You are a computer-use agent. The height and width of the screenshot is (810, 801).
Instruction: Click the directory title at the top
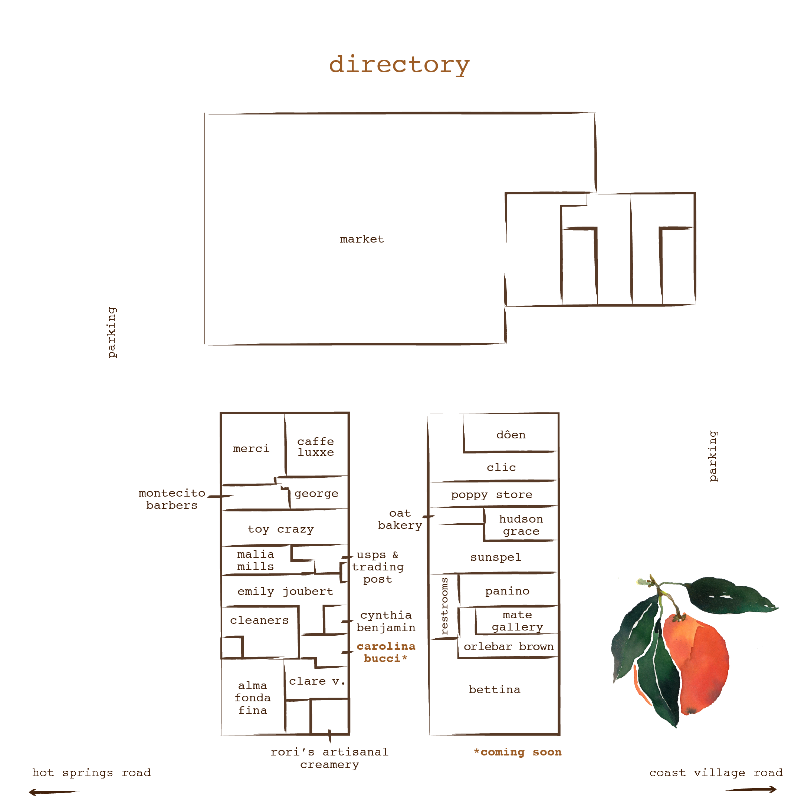coord(399,65)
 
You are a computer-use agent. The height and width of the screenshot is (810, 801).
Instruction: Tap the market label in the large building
coord(361,239)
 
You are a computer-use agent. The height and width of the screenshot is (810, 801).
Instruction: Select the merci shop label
coord(251,449)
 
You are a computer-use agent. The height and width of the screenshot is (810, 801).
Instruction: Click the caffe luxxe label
coord(315,447)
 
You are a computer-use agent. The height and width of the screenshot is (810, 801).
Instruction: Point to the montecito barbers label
coord(171,499)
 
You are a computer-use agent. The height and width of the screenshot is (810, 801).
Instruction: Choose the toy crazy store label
coord(280,529)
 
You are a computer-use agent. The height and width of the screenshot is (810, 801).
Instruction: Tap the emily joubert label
coord(285,591)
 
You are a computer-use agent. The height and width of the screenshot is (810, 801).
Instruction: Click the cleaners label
coord(259,620)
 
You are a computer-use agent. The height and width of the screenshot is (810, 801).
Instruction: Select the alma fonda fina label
coord(252,698)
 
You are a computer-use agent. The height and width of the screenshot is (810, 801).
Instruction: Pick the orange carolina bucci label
coord(386,652)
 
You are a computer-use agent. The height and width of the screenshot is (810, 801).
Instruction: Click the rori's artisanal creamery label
coord(329,758)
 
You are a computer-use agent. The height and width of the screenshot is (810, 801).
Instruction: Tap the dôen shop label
coord(511,435)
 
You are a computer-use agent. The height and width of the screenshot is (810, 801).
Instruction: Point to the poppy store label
coord(491,495)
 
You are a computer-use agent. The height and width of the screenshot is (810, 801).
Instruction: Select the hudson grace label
coord(521,525)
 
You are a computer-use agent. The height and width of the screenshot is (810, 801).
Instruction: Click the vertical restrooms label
coord(444,605)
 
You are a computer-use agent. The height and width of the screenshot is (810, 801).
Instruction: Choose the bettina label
coord(494,690)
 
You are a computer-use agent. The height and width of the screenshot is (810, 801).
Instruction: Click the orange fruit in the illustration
coord(696,662)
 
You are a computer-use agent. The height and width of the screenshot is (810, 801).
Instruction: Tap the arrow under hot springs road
coord(54,792)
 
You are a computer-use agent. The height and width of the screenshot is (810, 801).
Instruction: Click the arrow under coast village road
coord(751,790)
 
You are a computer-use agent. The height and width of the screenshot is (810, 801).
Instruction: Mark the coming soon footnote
coord(517,752)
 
